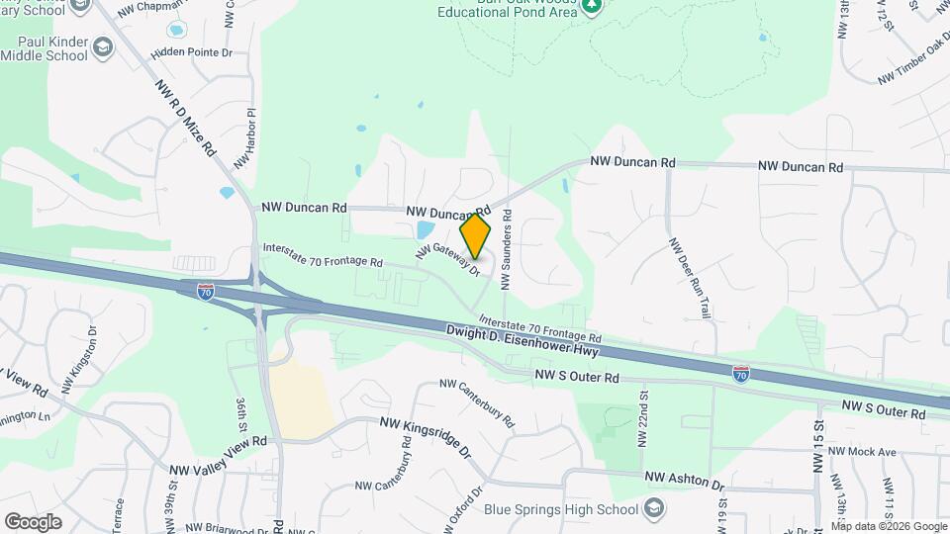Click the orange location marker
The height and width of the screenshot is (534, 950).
tap(476, 236)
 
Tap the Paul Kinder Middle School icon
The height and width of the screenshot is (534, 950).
tap(103, 47)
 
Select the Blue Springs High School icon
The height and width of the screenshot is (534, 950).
tap(653, 509)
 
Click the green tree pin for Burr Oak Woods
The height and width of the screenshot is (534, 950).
tap(592, 6)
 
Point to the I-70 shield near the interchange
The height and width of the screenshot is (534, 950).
tap(205, 292)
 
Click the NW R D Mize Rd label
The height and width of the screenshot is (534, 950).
tap(186, 118)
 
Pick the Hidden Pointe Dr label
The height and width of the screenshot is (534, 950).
tap(192, 51)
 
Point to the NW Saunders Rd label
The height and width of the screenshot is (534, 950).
tap(506, 247)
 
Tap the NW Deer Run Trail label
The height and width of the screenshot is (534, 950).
tap(690, 277)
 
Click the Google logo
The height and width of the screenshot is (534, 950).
tap(33, 521)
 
